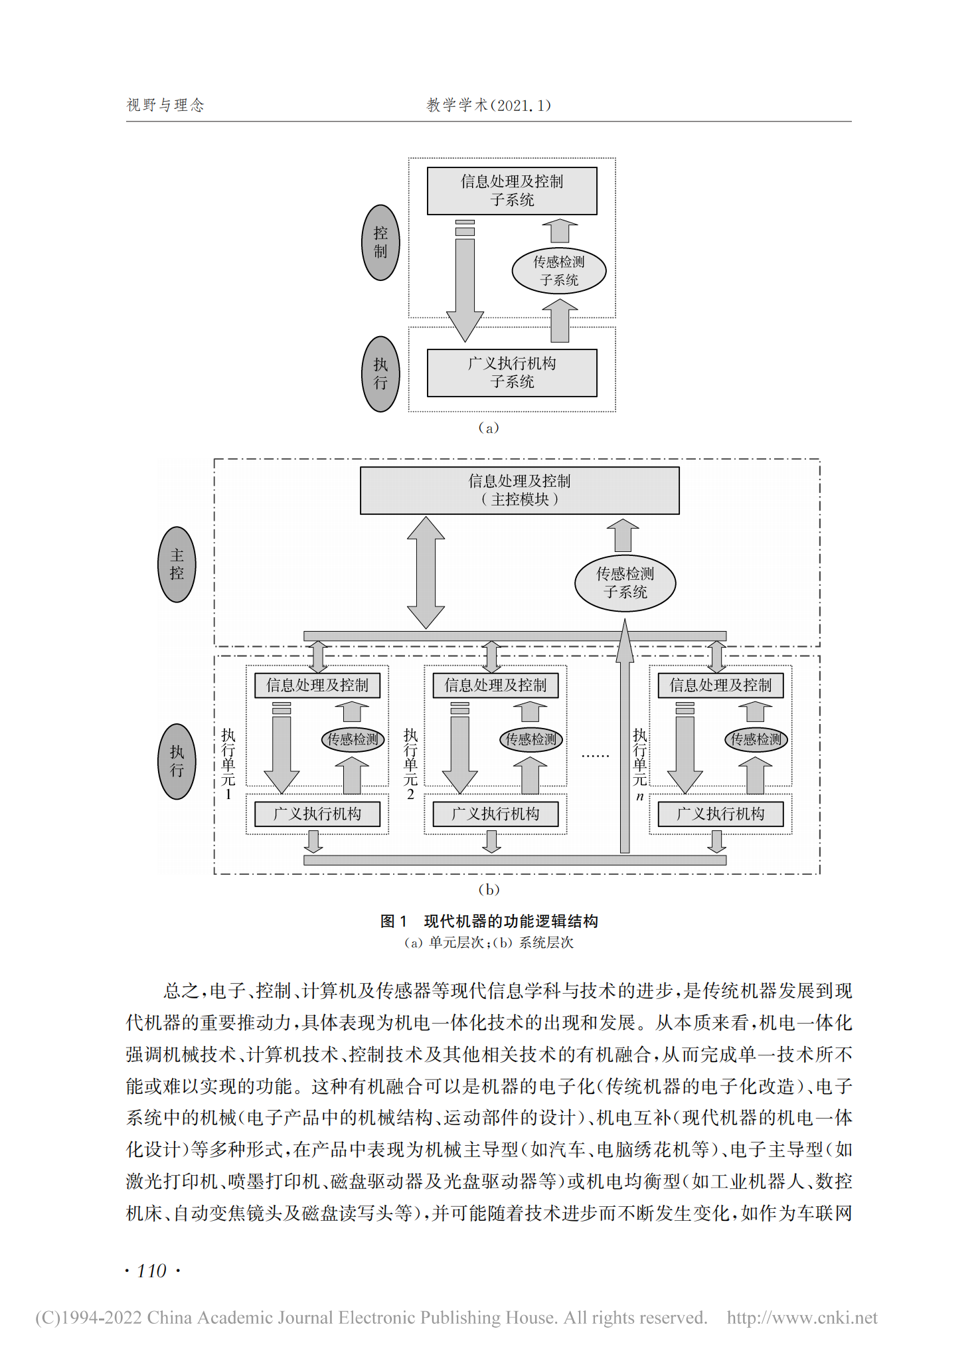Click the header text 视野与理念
coord(165,105)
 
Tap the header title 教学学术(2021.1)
coord(488,105)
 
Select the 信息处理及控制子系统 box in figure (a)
coord(512,191)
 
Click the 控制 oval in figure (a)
coord(380,242)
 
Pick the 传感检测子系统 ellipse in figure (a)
coord(559,271)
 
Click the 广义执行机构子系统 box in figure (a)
coord(512,373)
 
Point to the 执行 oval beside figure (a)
coord(380,374)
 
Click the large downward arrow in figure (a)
coord(465,286)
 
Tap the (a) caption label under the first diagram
coord(489,428)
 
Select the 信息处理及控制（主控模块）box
coord(519,490)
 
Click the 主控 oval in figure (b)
coord(177,565)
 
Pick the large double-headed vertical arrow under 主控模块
coord(426,573)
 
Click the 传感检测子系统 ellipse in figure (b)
coord(625,583)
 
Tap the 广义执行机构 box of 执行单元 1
coord(317,814)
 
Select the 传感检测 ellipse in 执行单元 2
coord(530,739)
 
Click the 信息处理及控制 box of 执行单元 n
coord(720,685)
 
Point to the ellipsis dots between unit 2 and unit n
coord(595,756)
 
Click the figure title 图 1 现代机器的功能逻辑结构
coord(489,921)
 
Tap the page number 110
coord(151,1271)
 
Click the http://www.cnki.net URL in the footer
coord(802,1318)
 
